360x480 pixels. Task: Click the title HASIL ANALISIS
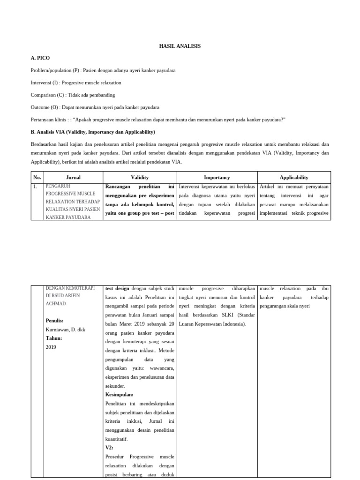click(x=180, y=46)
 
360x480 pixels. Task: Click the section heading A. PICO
click(x=40, y=58)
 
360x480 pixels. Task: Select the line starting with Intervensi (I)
click(x=76, y=82)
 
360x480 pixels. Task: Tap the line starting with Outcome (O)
click(x=95, y=107)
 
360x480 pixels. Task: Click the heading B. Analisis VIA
click(x=93, y=132)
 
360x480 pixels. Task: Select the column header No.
click(x=37, y=178)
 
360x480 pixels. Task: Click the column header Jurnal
click(x=73, y=178)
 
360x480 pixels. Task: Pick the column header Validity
click(x=140, y=178)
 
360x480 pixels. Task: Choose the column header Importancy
click(x=217, y=178)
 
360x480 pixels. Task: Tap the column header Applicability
click(x=294, y=178)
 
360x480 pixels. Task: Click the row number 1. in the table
click(x=35, y=187)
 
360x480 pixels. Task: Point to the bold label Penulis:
click(x=55, y=321)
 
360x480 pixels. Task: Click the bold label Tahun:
click(x=54, y=338)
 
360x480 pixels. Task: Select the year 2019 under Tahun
click(x=51, y=347)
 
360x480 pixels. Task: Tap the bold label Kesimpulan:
click(x=120, y=394)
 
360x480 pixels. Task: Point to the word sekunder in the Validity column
click(x=116, y=385)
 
